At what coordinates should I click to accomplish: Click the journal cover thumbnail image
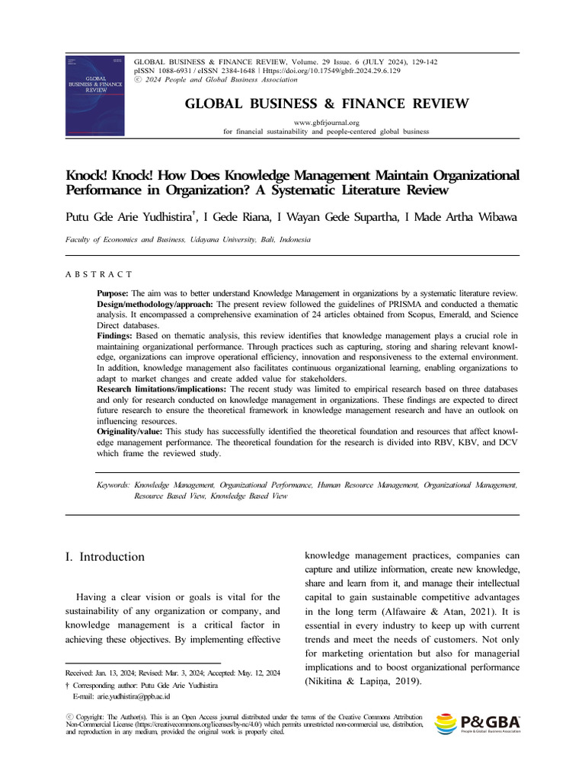[94, 95]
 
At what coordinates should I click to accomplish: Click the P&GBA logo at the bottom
[477, 724]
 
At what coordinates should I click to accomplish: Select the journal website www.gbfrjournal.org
[326, 122]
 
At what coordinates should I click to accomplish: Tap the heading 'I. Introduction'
[105, 557]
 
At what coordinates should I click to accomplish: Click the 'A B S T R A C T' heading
[99, 273]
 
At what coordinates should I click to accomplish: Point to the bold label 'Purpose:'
[113, 293]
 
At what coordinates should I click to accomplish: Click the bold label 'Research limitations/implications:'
[161, 389]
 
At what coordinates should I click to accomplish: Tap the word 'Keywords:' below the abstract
[113, 484]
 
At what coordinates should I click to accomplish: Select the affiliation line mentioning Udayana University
[188, 239]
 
